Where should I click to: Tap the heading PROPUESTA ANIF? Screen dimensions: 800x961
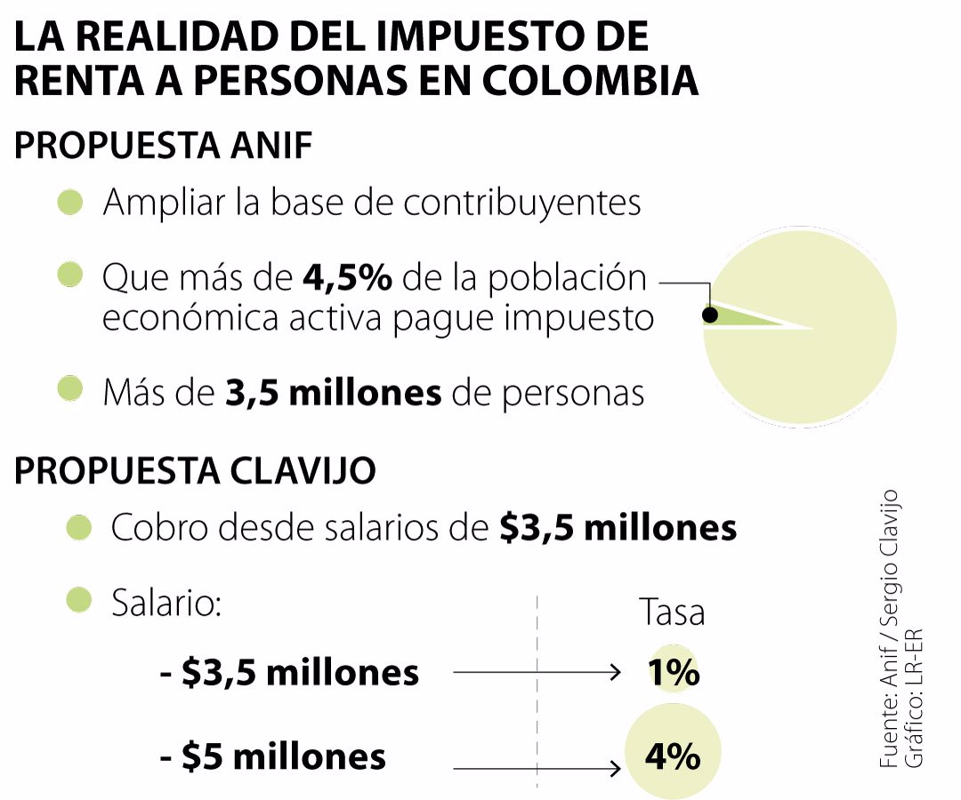pos(164,145)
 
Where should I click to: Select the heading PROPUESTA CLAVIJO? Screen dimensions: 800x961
pos(195,471)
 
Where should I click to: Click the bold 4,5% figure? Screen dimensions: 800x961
pos(348,278)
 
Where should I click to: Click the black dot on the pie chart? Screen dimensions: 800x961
pos(710,315)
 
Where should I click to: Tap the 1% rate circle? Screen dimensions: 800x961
pos(674,673)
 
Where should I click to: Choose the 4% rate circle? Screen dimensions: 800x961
pos(673,756)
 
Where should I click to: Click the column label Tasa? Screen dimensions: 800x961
pos(672,612)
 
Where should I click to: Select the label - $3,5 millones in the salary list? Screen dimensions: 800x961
pos(290,673)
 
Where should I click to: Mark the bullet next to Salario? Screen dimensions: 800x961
pos(80,600)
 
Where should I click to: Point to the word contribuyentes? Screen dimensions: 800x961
pos(521,203)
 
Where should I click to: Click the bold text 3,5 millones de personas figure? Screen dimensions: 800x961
pos(334,392)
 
